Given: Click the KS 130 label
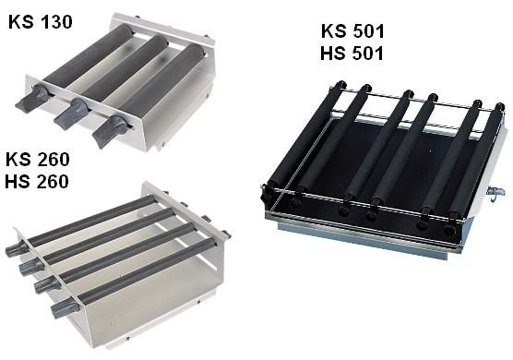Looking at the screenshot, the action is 41,22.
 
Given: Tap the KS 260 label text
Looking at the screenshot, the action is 37,160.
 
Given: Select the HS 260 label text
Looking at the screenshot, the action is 37,182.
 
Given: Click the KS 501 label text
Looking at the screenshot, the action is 352,31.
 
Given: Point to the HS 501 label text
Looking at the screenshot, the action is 352,54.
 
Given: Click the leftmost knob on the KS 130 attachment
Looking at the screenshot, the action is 32,99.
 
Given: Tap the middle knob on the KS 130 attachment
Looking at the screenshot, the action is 71,114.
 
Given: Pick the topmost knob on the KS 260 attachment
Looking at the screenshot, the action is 17,249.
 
